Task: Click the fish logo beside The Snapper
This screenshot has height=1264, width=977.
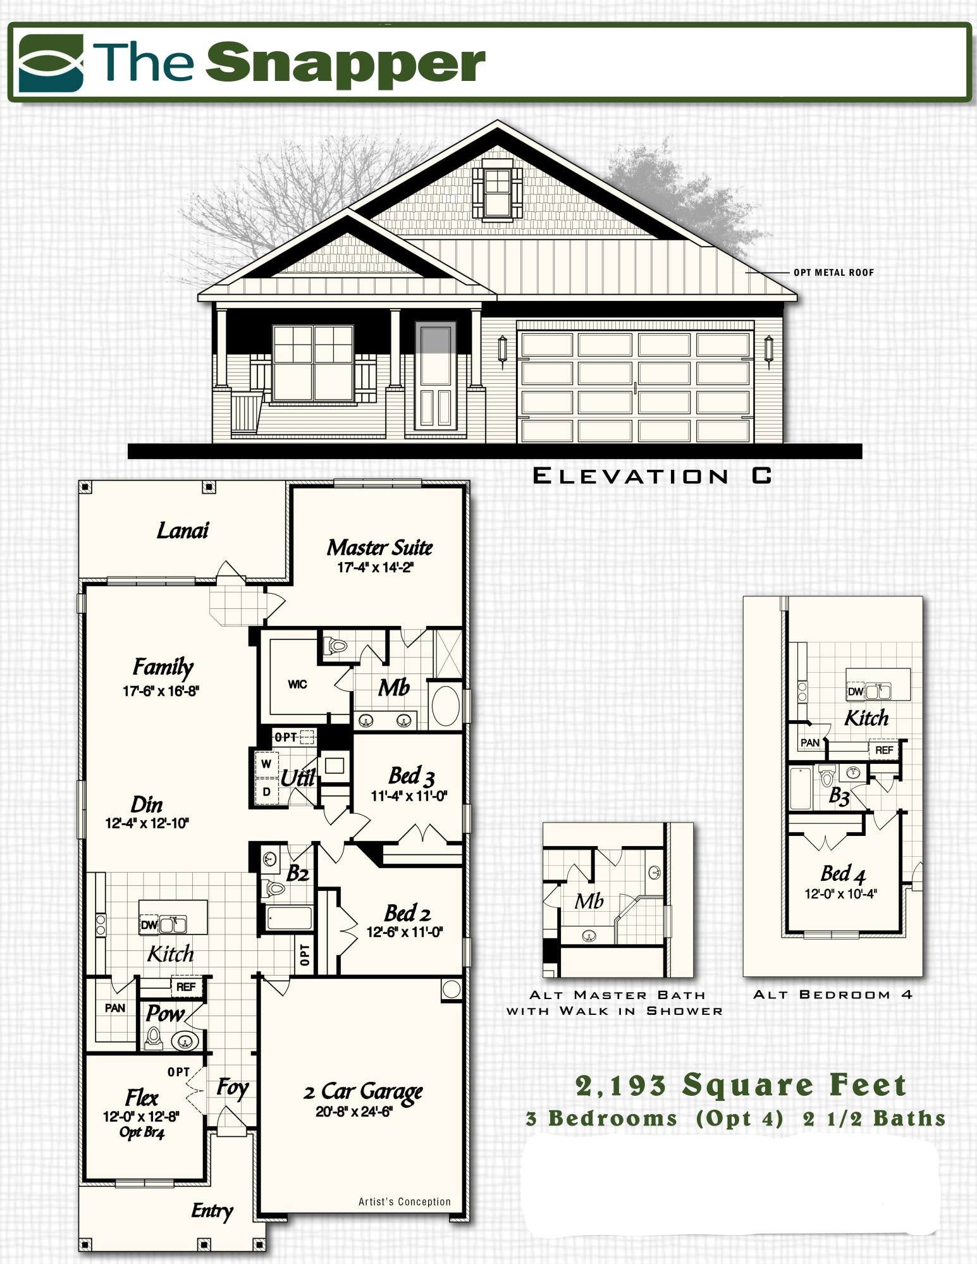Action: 51,63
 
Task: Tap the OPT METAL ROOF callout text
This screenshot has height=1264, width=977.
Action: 833,273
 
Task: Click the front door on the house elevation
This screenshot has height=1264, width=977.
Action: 435,376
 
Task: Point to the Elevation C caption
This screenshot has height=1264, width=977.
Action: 652,476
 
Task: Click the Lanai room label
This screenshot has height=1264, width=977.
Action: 182,531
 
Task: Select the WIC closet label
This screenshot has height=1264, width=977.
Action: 297,684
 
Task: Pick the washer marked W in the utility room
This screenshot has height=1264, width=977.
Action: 266,764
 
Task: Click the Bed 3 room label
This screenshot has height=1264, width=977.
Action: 411,775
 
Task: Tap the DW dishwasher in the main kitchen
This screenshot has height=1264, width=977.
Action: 149,925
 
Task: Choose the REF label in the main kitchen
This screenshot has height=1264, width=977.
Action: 186,986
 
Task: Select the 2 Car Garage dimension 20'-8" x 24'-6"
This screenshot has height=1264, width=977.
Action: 355,1112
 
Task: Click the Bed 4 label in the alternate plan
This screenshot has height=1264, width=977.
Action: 842,874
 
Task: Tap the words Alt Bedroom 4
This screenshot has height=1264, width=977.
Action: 833,995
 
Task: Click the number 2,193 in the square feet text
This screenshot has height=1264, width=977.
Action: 621,1086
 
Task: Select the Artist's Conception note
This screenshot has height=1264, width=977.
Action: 405,1202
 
